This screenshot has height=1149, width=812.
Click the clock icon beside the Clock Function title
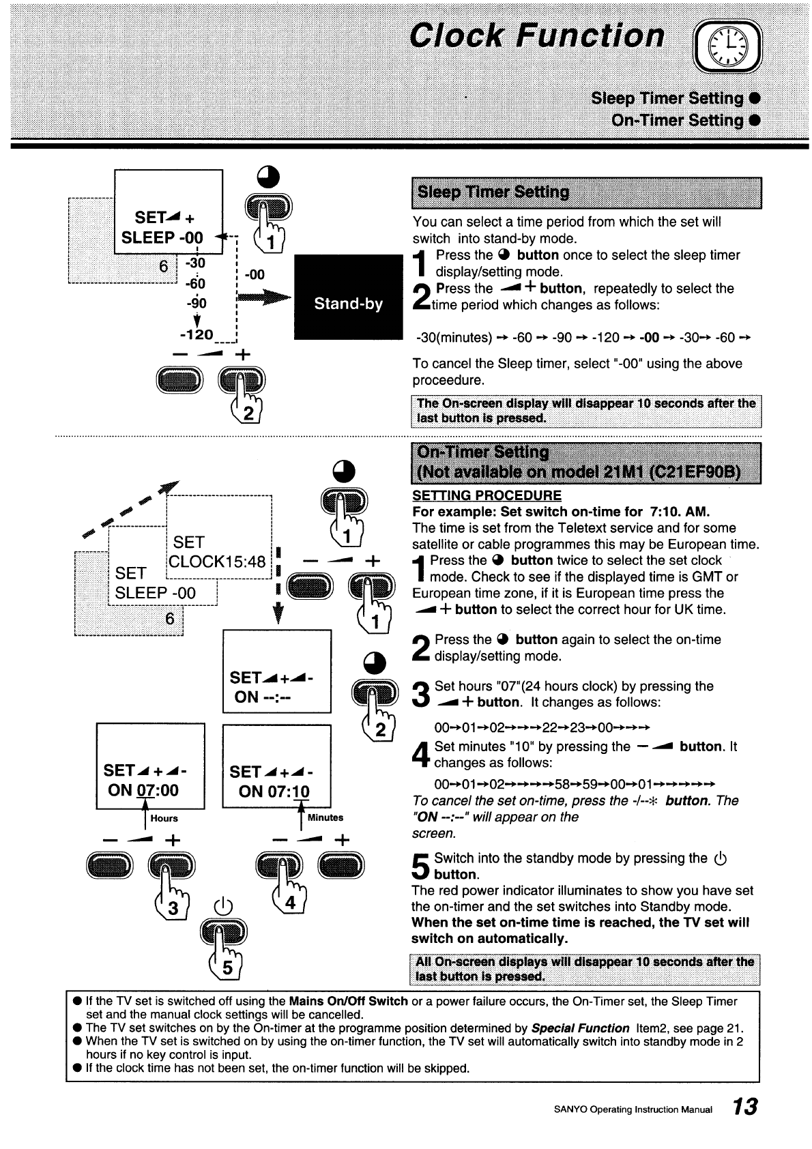[727, 46]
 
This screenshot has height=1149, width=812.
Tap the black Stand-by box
[348, 297]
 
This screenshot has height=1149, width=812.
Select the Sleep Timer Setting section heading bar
[586, 192]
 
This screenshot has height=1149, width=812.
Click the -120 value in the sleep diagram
[197, 335]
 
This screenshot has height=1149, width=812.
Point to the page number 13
[745, 1107]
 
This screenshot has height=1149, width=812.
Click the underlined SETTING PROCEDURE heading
[487, 495]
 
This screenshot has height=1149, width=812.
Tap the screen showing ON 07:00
[150, 766]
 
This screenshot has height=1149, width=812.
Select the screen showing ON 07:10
[276, 766]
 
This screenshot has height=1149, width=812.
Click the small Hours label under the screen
[164, 819]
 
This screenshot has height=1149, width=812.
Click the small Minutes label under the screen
[325, 817]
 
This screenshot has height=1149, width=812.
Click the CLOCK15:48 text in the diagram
[217, 562]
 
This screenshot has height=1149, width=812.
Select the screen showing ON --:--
[277, 671]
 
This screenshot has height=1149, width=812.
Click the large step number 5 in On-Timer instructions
[420, 866]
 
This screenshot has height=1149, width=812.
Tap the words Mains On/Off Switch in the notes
[348, 1001]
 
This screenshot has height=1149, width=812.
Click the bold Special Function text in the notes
[580, 1028]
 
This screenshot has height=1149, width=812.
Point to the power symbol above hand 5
[223, 906]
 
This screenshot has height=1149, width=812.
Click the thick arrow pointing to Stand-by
[264, 297]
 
